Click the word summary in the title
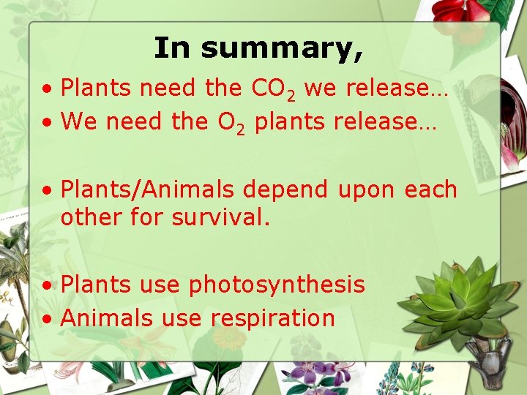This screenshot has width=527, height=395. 281,49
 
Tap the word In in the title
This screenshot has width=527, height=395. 172,48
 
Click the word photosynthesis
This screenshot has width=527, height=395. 277,285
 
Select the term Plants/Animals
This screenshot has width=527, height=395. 148,189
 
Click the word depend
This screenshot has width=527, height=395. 285,189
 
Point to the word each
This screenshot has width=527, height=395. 431,189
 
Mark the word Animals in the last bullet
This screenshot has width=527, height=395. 107,318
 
